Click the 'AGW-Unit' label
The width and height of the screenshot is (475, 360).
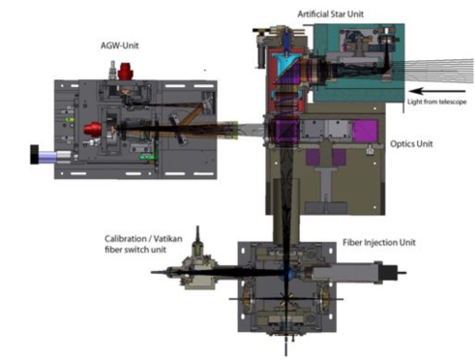(120, 45)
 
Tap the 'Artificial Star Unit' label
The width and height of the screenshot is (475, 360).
(331, 15)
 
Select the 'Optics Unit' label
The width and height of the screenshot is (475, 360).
(411, 144)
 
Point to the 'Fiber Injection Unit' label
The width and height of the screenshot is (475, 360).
(379, 242)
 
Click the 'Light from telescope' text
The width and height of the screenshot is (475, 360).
(437, 102)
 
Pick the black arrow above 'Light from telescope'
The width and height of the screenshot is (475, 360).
(437, 91)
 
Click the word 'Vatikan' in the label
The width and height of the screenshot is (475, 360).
(167, 239)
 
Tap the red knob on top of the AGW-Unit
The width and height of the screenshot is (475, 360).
(126, 72)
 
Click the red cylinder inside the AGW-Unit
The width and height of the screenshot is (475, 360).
(93, 130)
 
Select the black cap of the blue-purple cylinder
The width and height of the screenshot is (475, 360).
(34, 155)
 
